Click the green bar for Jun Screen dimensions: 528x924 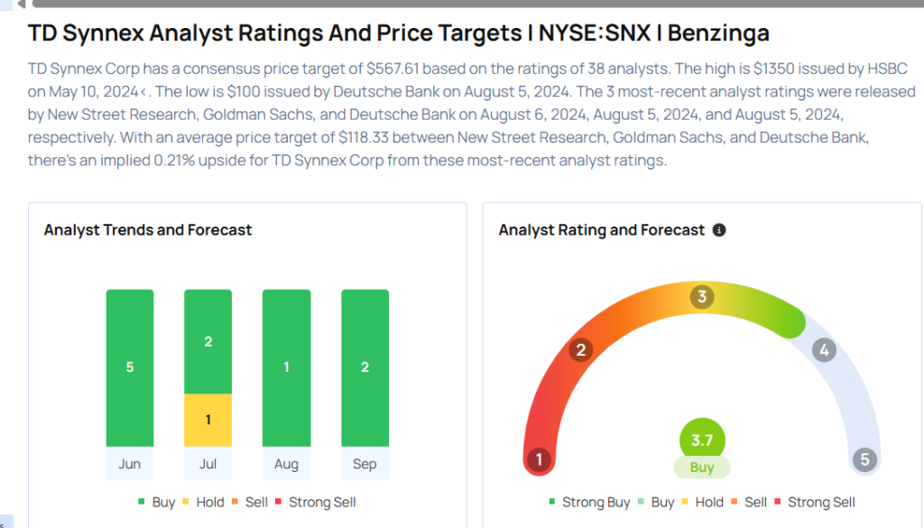(x=130, y=367)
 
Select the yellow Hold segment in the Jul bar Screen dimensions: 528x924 (x=208, y=420)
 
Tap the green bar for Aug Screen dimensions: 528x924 (x=286, y=367)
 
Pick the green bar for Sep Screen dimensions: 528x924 (x=365, y=367)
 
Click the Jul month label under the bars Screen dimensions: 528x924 (x=208, y=464)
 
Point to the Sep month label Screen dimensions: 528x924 (x=365, y=464)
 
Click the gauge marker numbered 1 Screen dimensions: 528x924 (x=539, y=460)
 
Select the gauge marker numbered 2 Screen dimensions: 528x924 (x=581, y=350)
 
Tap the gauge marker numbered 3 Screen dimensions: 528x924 (x=702, y=297)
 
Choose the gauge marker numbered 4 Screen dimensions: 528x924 (x=822, y=350)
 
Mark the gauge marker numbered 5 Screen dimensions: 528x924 (x=864, y=460)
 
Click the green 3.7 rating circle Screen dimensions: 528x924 (x=702, y=441)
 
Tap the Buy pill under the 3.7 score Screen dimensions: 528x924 (x=702, y=467)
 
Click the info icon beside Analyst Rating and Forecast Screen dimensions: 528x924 (x=719, y=230)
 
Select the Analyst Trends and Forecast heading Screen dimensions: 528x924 (x=148, y=230)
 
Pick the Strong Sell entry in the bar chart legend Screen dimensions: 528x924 (x=322, y=502)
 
